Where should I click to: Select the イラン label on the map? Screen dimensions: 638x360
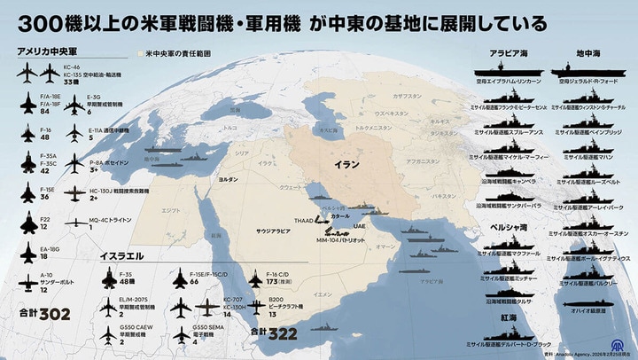[x=346, y=166]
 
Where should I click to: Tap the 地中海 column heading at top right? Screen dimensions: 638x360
[x=589, y=52]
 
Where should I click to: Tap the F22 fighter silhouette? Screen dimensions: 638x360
[x=27, y=221]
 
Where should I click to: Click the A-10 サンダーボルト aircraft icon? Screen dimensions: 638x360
[x=27, y=282]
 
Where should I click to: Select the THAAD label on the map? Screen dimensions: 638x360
[x=305, y=222]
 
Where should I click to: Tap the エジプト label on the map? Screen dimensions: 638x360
[x=169, y=211]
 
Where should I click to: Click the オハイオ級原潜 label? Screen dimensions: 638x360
[x=589, y=310]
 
